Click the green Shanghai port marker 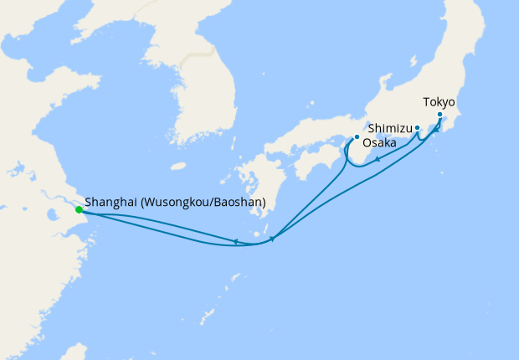point(79,209)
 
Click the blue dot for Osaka point(357,136)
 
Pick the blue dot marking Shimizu point(417,128)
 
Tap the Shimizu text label point(388,130)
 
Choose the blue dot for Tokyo point(439,114)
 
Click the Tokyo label point(439,102)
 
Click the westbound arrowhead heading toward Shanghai point(236,242)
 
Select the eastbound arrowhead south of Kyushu point(272,239)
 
